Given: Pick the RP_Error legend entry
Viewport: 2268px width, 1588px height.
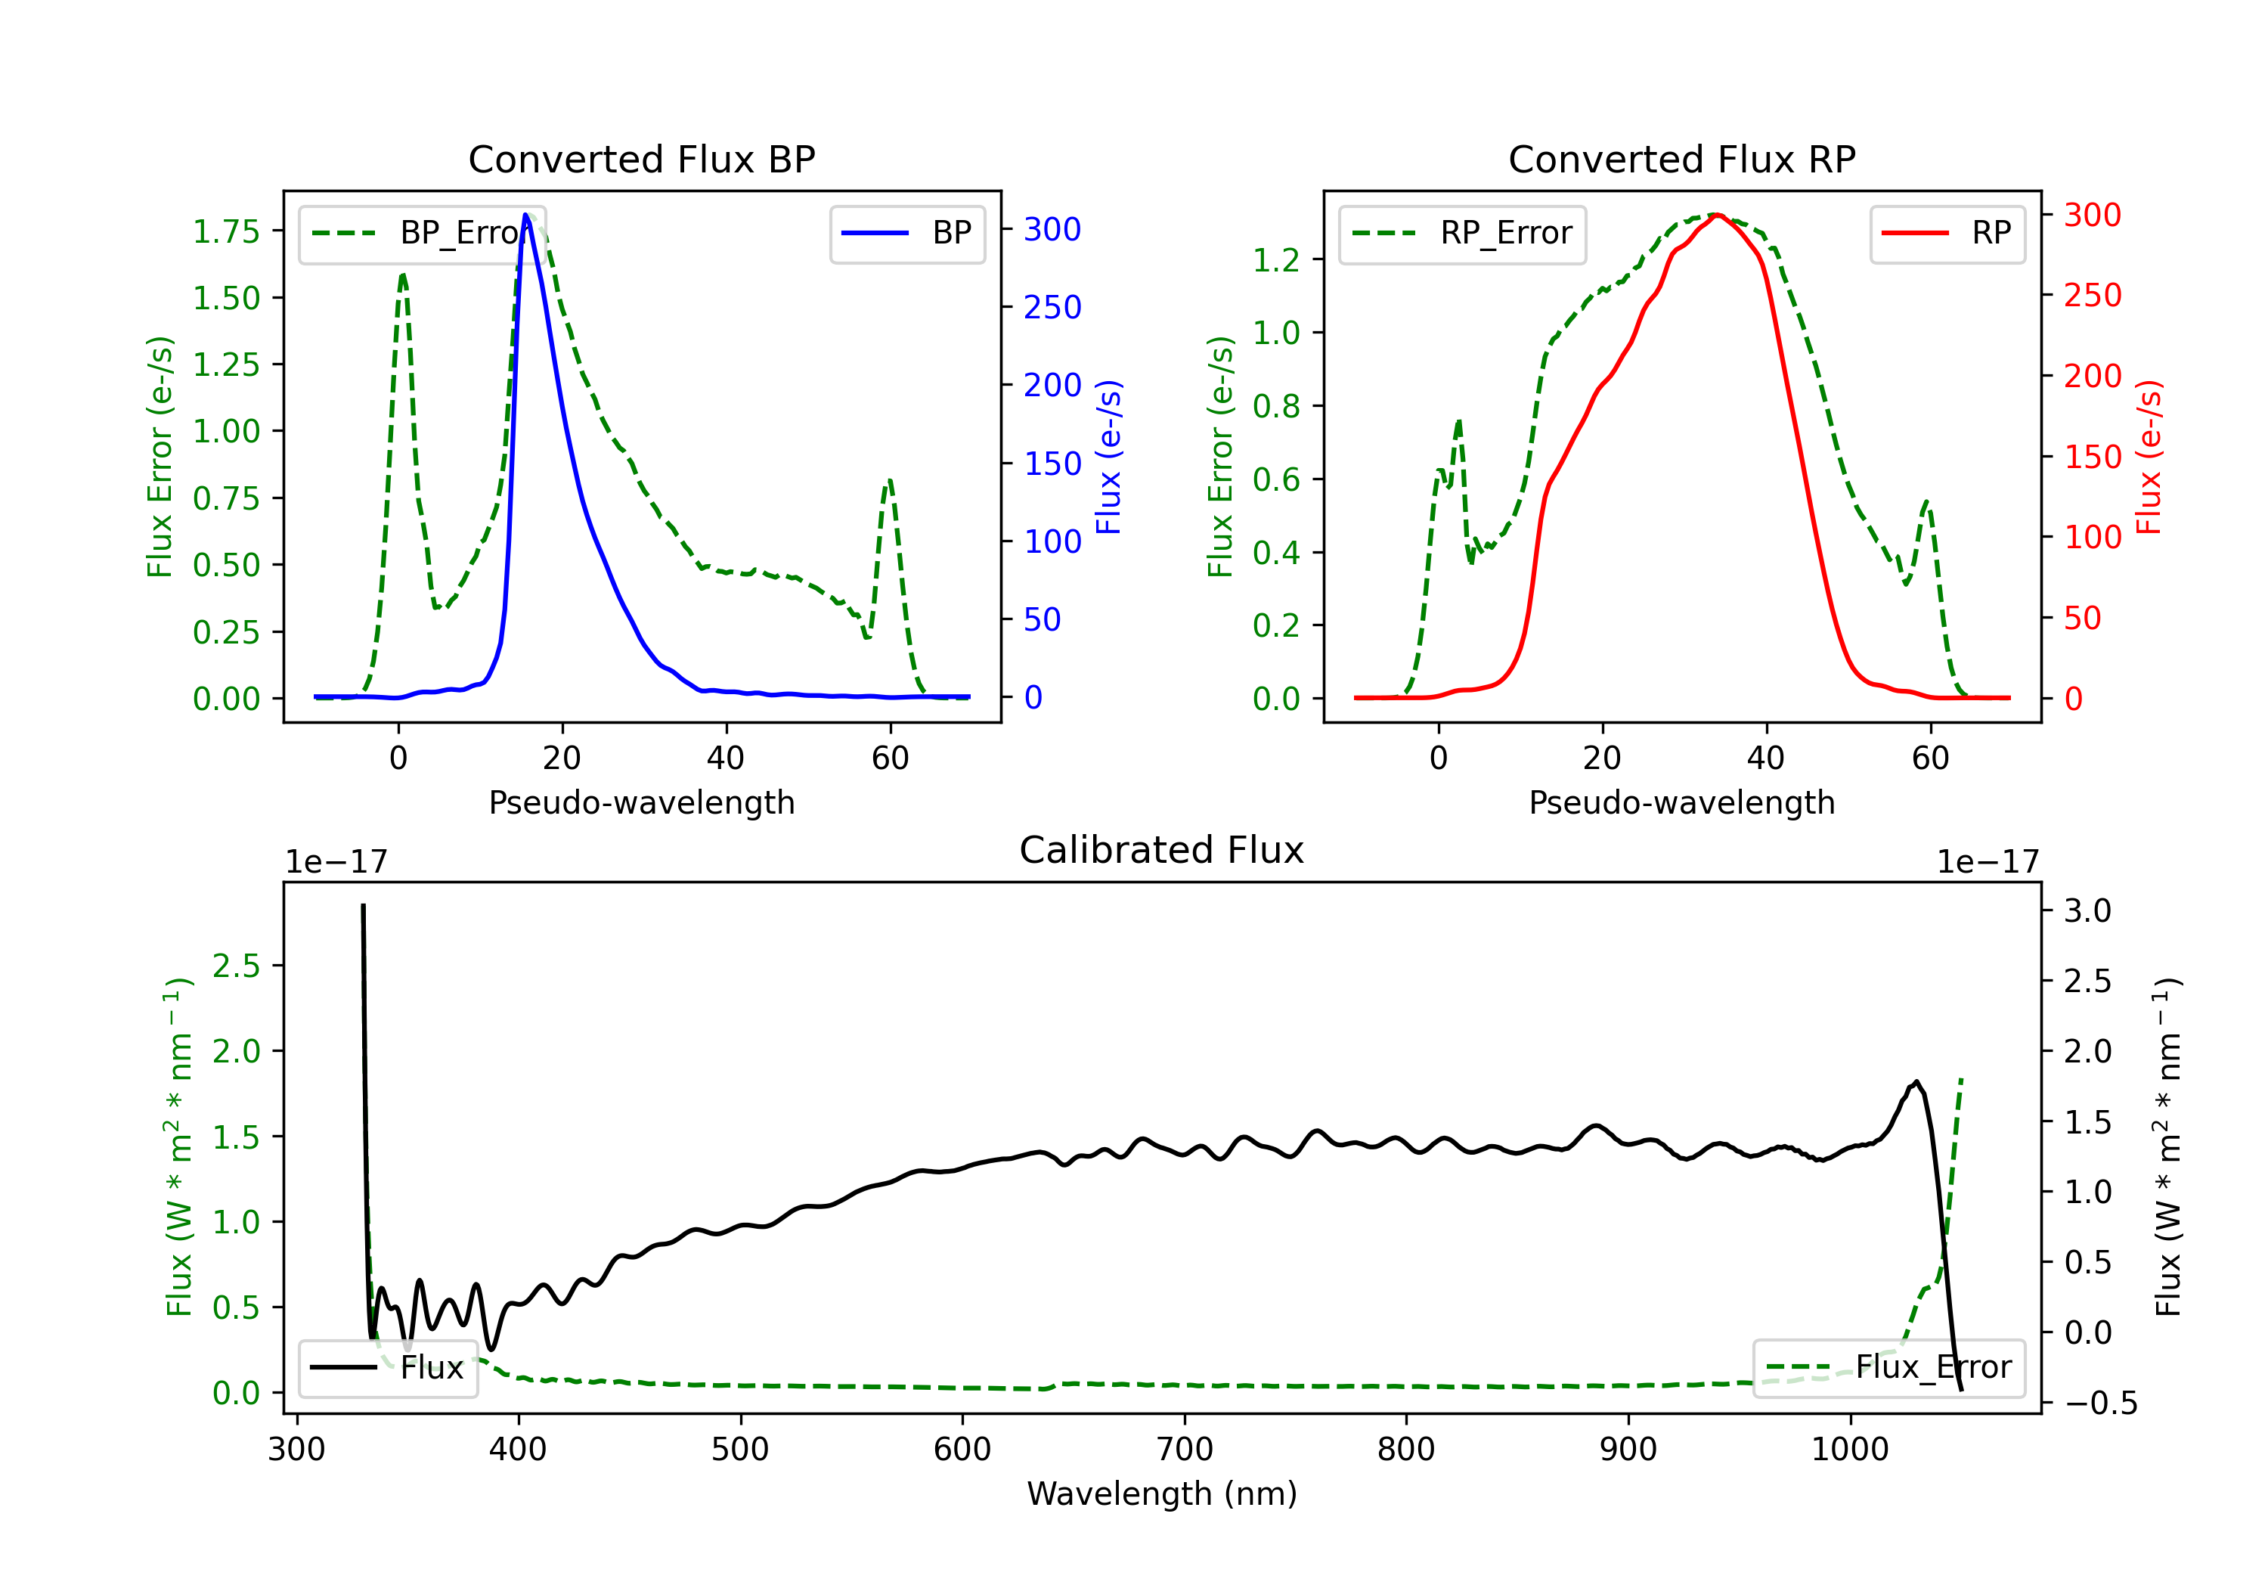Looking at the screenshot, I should pyautogui.click(x=1462, y=233).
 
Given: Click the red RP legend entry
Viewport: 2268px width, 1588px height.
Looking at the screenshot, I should pyautogui.click(x=1947, y=233).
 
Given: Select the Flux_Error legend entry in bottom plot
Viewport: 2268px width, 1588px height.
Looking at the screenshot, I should pyautogui.click(x=1888, y=1368).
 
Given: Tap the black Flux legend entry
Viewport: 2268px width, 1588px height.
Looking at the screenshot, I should pyautogui.click(x=387, y=1368).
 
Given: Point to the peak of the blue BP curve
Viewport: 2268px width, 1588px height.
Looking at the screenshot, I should pyautogui.click(x=526, y=216).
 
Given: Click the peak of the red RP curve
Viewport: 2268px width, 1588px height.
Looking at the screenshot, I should pyautogui.click(x=1717, y=215).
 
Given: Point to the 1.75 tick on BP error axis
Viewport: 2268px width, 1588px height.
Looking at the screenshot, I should pyautogui.click(x=225, y=231).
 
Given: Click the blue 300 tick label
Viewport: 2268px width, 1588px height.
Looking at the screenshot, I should pyautogui.click(x=1052, y=229).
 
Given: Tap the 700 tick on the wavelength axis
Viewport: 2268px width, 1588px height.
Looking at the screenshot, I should pyautogui.click(x=1185, y=1450).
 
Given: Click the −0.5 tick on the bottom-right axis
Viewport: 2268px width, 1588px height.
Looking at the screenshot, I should pyautogui.click(x=2100, y=1403).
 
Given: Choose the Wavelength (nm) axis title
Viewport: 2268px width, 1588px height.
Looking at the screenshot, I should pyautogui.click(x=1162, y=1494).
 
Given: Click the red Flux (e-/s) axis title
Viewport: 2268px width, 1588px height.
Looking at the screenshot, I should pyautogui.click(x=2149, y=457).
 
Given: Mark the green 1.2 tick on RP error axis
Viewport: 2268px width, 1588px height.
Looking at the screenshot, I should pyautogui.click(x=1275, y=260).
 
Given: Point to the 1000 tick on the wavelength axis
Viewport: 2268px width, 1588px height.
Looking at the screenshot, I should pyautogui.click(x=1849, y=1450).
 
